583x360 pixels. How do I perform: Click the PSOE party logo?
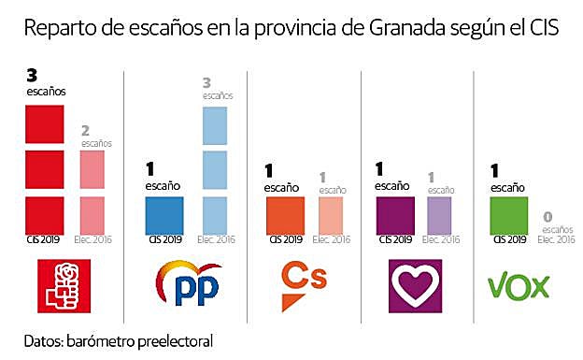pos(62,285)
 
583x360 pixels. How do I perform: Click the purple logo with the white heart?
pos(414,285)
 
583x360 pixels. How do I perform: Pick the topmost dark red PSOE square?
pos(44,123)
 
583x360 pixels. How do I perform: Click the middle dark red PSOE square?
pos(44,169)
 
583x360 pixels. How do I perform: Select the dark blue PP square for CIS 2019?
pos(164,215)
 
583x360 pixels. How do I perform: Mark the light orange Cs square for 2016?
pos(334,215)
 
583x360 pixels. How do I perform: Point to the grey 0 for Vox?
pos(547,217)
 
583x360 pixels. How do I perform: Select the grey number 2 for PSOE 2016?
pos(86,131)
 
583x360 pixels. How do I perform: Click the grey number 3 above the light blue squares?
pos(207,82)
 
